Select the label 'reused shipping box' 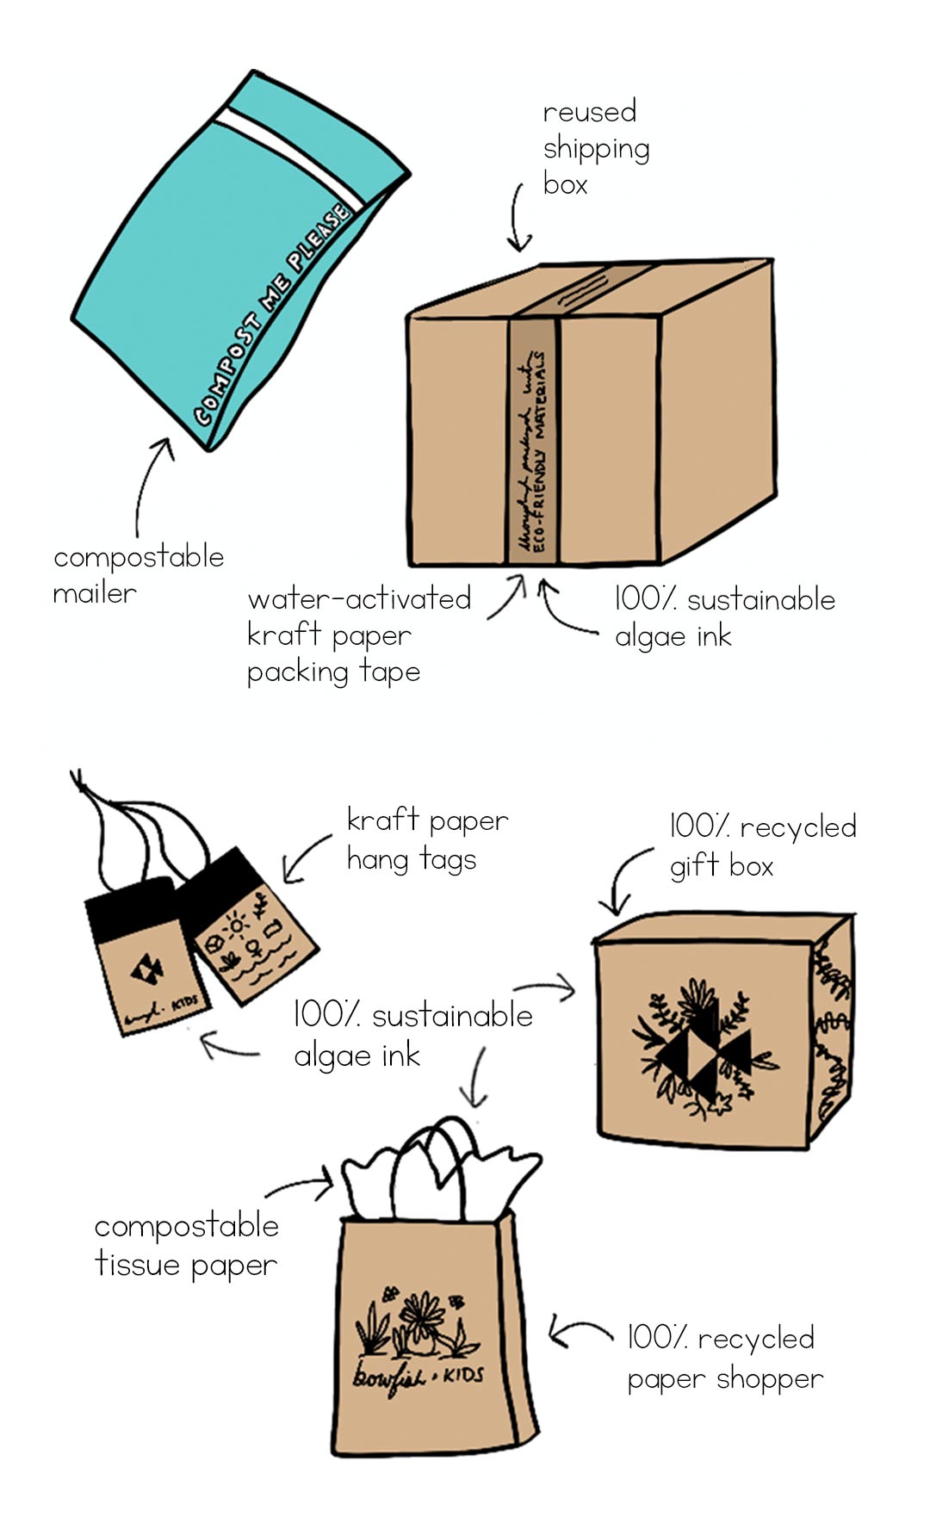594,148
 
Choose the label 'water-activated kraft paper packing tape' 357,635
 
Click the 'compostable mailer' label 138,574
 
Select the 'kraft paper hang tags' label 426,839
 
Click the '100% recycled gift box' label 762,845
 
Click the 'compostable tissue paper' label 186,1245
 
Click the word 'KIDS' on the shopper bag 463,1375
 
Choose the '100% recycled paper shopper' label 723,1358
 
